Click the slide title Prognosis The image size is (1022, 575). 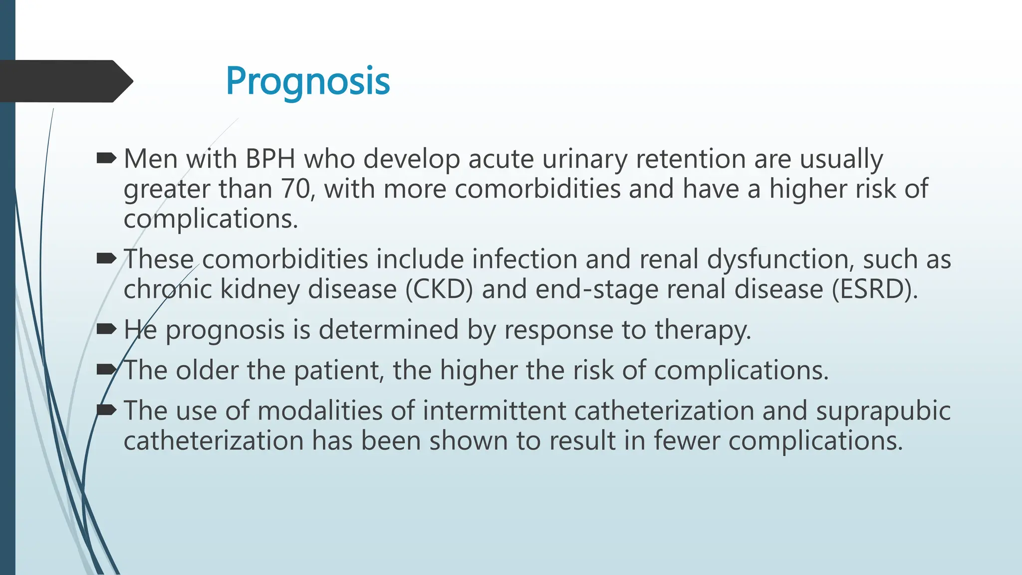(307, 81)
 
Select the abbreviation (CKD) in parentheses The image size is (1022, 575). (439, 289)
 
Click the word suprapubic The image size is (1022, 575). (883, 411)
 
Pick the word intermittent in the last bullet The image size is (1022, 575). (494, 411)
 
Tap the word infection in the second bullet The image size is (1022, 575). (524, 260)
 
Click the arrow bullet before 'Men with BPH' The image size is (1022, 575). (106, 159)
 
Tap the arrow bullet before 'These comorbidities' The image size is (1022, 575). (106, 259)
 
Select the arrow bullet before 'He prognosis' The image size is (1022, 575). (106, 329)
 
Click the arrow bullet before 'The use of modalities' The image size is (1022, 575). (106, 410)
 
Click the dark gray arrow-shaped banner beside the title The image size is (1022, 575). (65, 81)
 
